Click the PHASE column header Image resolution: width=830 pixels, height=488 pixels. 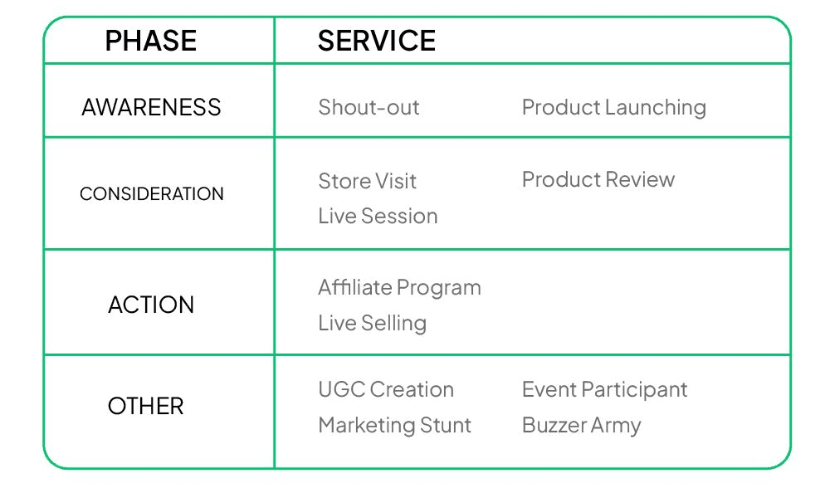151,41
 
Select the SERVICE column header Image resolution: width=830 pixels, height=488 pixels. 376,41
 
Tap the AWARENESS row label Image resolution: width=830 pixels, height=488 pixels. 151,107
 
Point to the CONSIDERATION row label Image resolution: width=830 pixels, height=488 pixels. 151,193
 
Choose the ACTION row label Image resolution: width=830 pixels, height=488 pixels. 151,305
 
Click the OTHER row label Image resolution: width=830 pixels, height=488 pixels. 145,407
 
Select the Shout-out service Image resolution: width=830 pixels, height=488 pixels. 369,107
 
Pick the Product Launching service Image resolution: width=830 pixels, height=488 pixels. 614,108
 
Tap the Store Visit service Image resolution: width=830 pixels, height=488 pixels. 368,181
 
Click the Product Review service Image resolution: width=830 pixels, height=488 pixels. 598,179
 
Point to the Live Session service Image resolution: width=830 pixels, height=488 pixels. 378,216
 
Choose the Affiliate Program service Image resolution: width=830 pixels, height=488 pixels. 400,289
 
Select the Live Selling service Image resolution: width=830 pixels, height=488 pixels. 372,324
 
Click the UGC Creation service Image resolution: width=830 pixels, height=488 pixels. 386,389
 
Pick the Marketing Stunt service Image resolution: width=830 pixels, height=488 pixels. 395,426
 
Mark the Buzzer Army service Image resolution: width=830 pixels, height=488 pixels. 581,426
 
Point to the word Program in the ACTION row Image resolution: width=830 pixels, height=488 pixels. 439,289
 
